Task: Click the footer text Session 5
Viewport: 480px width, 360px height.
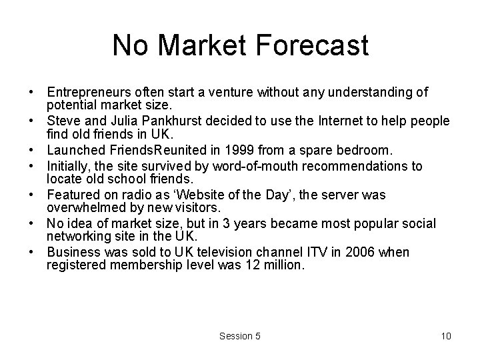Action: pyautogui.click(x=240, y=336)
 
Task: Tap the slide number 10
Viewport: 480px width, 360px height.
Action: pyautogui.click(x=446, y=336)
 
